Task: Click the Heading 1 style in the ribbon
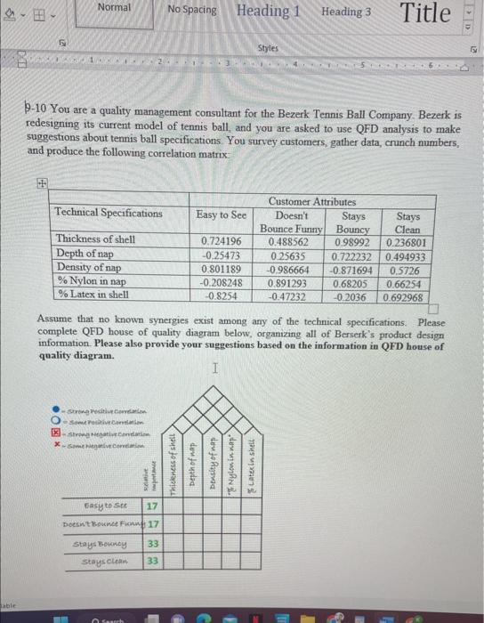(x=268, y=12)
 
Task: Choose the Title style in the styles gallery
(x=425, y=12)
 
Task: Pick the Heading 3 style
(x=346, y=12)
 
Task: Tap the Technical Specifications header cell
(x=109, y=213)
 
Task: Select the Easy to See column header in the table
(x=221, y=214)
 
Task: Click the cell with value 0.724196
(x=221, y=242)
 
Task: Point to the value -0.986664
(x=286, y=269)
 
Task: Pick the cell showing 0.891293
(x=286, y=282)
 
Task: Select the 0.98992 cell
(x=351, y=242)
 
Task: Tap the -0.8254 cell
(x=221, y=296)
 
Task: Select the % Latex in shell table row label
(x=93, y=295)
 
